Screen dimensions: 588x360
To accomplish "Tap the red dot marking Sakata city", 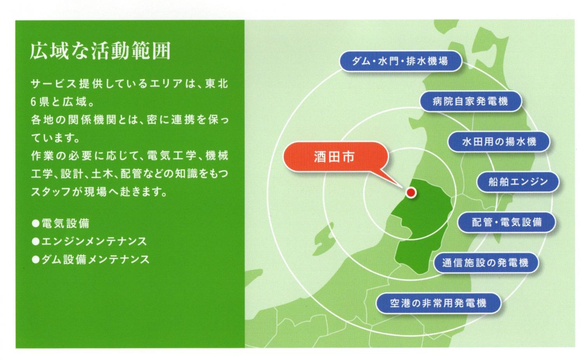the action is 411,192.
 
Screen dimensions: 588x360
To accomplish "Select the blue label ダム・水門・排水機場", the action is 400,61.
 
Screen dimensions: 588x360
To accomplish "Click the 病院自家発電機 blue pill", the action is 470,101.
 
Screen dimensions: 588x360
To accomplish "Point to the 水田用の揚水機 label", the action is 499,142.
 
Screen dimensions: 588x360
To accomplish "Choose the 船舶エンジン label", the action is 518,182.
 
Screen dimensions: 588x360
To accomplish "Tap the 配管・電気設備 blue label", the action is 506,222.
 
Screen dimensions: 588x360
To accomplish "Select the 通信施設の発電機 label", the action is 486,263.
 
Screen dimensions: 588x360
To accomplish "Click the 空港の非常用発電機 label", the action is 439,303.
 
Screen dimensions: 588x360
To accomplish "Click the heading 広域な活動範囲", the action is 101,50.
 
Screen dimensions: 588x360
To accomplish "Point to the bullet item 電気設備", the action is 66,223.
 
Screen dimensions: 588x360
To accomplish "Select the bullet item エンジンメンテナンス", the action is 94,241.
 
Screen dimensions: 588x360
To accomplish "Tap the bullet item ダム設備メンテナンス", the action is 95,260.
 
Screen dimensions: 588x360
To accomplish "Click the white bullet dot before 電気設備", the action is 35,223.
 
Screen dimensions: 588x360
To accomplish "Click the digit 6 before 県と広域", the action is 33,102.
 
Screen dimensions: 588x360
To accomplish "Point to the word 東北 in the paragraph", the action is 217,84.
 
